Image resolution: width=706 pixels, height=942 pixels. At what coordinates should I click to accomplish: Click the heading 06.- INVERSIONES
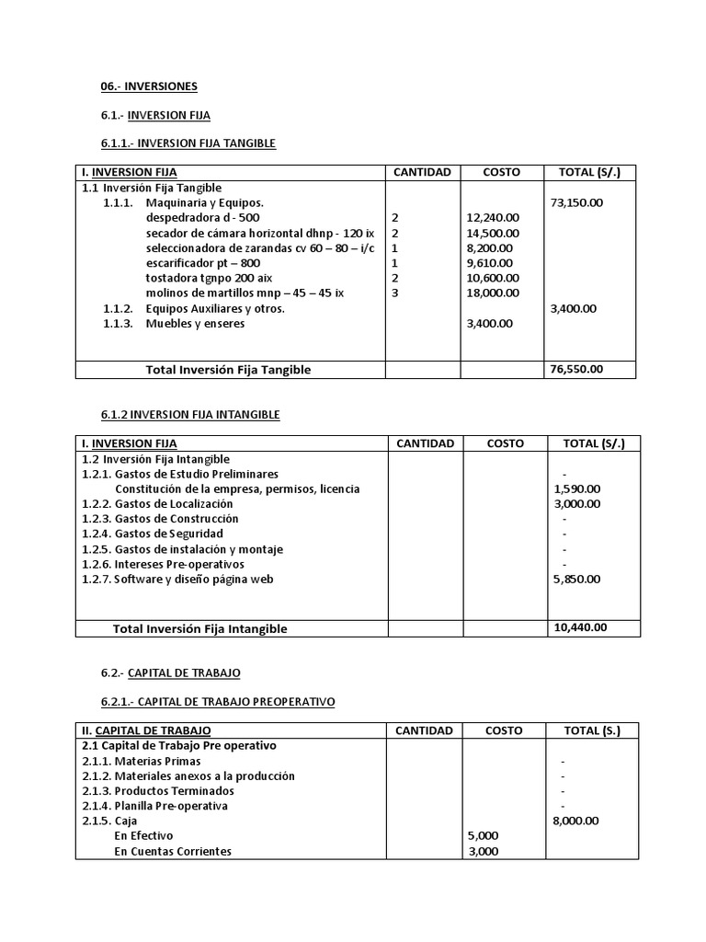tap(149, 86)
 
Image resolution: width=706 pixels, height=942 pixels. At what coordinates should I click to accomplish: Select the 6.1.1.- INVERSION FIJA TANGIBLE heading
tap(188, 144)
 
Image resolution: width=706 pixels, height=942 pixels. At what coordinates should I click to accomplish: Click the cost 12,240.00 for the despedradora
tap(494, 217)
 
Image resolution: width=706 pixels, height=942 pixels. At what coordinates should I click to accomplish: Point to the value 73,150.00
tap(576, 202)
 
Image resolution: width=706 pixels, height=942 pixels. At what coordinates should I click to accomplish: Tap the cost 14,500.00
tap(494, 233)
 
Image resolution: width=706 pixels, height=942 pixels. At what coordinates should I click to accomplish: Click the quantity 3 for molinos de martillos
tap(394, 293)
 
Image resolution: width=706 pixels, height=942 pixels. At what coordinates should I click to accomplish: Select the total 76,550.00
tap(576, 369)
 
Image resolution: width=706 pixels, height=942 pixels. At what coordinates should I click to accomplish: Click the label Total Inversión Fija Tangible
tap(228, 369)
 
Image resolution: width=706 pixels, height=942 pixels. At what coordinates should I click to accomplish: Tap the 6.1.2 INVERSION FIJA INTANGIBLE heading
tap(190, 415)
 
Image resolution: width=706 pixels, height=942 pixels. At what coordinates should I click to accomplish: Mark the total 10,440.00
tap(579, 627)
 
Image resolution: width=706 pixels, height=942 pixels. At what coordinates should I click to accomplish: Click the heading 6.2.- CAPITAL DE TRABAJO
tap(171, 673)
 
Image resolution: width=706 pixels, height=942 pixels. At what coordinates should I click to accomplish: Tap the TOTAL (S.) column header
tap(592, 730)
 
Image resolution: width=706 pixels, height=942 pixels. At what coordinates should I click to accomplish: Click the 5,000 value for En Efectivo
tap(483, 835)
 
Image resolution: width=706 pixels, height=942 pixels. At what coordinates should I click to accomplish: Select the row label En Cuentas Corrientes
tap(173, 851)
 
